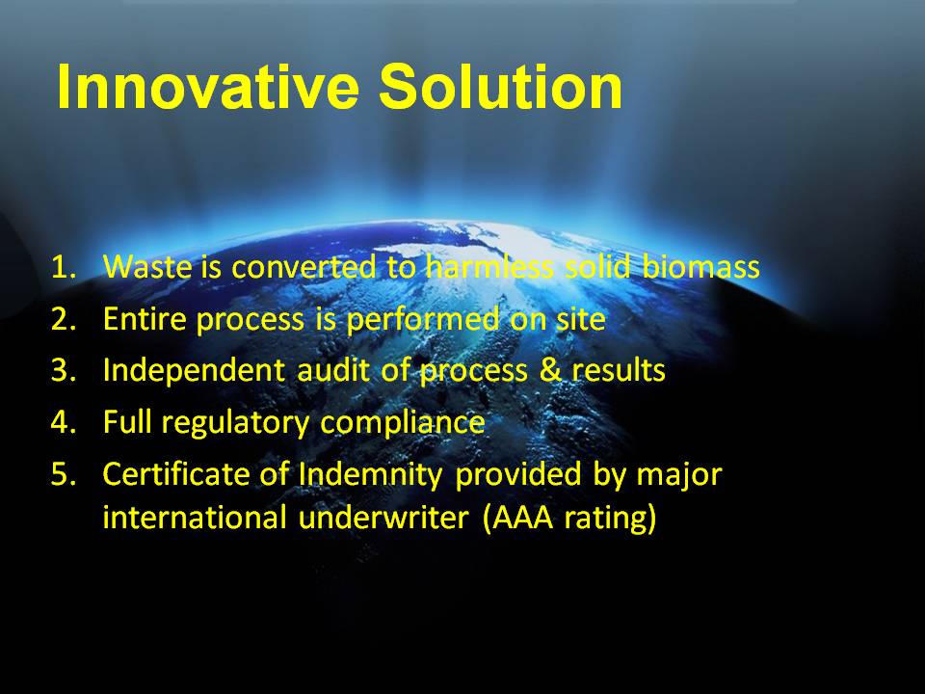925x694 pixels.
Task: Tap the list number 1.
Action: click(64, 267)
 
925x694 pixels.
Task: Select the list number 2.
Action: click(64, 319)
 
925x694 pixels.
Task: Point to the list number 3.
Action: click(64, 370)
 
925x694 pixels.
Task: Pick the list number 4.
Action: click(64, 422)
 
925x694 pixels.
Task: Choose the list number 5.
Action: click(64, 474)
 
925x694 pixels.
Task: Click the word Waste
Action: click(147, 267)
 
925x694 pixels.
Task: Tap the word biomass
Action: click(700, 267)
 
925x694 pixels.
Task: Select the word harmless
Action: click(489, 267)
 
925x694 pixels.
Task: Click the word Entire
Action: click(145, 319)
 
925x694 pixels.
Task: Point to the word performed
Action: click(422, 320)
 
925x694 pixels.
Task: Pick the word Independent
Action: click(194, 370)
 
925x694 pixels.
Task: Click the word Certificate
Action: click(175, 474)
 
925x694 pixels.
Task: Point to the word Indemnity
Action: click(370, 475)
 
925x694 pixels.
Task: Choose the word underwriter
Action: click(383, 519)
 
